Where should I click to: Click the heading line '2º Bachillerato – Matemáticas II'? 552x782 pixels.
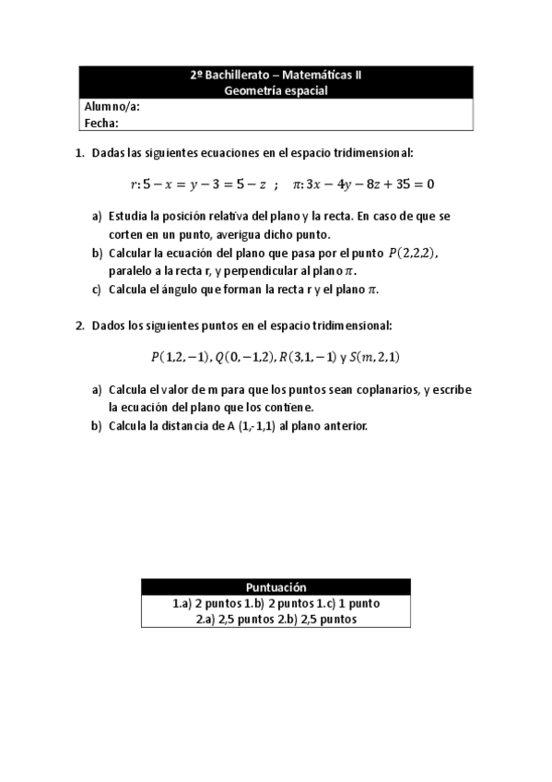point(276,77)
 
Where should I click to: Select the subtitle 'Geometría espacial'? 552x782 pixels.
point(276,90)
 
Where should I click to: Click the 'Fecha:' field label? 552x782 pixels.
point(102,121)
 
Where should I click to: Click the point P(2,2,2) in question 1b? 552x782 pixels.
point(413,252)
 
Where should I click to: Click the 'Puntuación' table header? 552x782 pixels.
point(276,587)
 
